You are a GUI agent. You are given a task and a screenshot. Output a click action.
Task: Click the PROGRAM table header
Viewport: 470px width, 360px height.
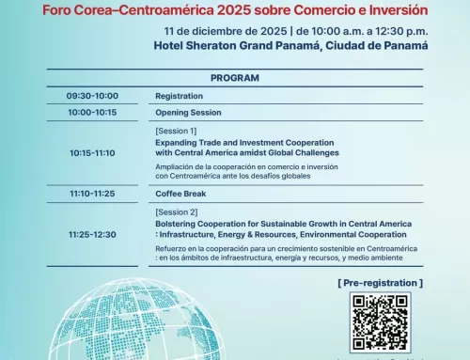(235, 79)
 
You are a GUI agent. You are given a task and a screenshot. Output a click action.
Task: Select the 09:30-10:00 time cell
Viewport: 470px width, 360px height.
(92, 96)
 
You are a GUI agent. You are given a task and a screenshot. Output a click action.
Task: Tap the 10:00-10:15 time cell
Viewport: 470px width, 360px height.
(92, 112)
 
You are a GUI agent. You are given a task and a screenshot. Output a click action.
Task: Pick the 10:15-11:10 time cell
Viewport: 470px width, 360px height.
(92, 152)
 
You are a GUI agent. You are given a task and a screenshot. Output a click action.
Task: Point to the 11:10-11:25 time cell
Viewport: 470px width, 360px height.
(92, 194)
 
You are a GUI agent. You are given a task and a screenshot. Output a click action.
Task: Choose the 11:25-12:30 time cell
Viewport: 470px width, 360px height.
(92, 235)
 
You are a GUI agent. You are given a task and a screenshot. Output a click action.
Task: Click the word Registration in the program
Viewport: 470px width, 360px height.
(179, 96)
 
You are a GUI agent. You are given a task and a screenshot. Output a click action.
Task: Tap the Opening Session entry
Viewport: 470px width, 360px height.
(187, 112)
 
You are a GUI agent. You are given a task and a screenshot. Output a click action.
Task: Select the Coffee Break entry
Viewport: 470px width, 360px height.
(180, 194)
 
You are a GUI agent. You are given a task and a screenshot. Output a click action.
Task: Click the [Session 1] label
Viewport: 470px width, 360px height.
(177, 130)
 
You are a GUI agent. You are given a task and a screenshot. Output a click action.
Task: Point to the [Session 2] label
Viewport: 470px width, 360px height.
(177, 212)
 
